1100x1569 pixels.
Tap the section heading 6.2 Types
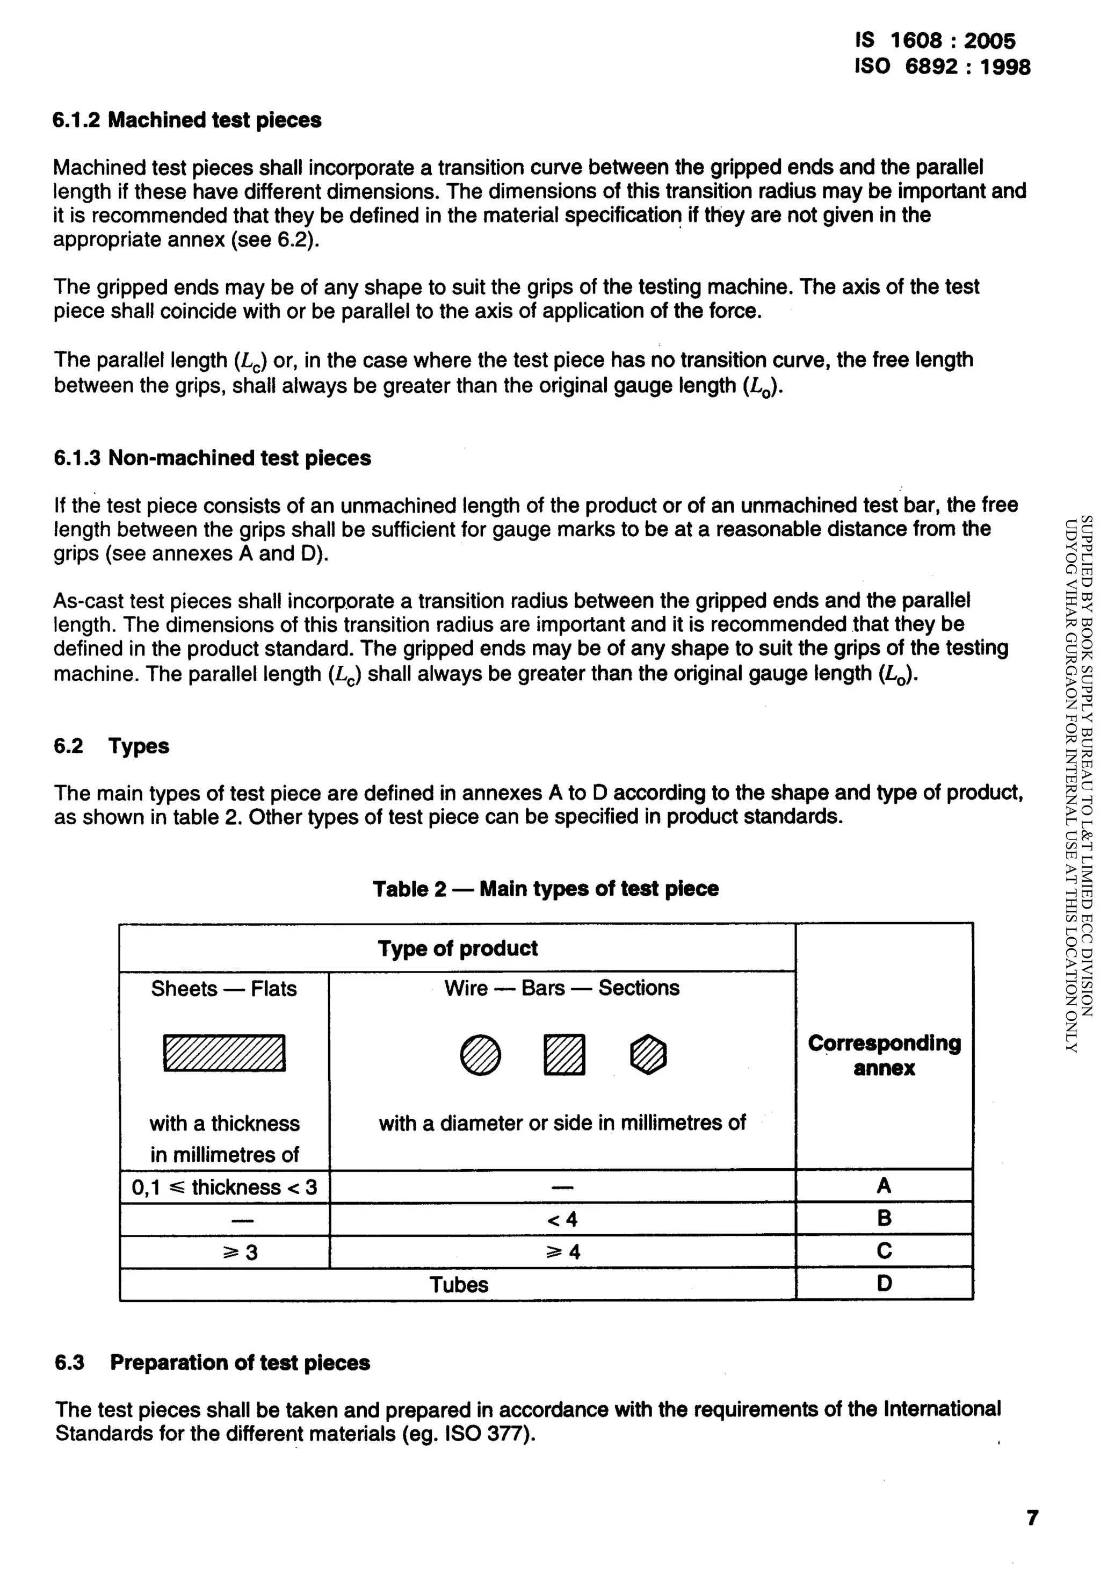click(x=111, y=746)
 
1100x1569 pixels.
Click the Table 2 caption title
click(x=545, y=889)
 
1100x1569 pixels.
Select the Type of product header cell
click(x=457, y=948)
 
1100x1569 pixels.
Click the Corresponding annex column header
click(x=884, y=1055)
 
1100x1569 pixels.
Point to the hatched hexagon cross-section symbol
click(x=648, y=1054)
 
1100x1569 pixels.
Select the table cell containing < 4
click(x=562, y=1219)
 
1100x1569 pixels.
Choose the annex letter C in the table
click(x=884, y=1251)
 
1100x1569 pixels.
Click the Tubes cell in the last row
click(x=459, y=1285)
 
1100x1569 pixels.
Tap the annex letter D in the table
click(x=884, y=1284)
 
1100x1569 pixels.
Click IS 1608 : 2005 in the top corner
click(x=935, y=41)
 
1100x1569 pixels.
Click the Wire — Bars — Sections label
click(x=562, y=988)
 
